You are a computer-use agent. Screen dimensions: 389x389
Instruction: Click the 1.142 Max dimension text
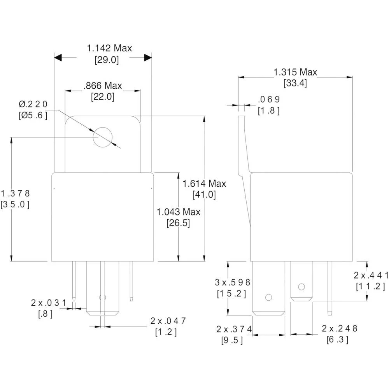coord(109,48)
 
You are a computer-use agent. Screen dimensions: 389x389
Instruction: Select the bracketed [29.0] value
coord(107,60)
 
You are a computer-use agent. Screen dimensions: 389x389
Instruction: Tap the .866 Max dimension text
coord(103,86)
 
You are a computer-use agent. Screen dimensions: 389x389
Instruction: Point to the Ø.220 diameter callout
coord(33,104)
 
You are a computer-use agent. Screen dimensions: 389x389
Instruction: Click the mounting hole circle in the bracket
coord(103,137)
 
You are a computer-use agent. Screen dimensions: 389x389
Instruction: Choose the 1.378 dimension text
coord(15,193)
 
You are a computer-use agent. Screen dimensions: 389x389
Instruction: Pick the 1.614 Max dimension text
coord(204,184)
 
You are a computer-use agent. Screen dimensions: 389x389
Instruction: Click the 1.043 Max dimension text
coord(179,212)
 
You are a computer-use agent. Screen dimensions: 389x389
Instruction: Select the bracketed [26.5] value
coord(178,223)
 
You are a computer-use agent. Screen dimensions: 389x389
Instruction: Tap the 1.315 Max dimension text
coord(295,72)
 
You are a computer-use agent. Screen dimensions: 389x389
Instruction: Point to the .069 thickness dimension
coord(269,100)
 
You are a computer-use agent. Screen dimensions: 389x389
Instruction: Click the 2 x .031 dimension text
coord(49,303)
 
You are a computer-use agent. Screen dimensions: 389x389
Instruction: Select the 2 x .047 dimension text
coord(168,321)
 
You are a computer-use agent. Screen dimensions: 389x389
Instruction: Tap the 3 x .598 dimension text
coord(233,282)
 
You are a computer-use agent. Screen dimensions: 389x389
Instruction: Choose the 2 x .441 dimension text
coord(371,275)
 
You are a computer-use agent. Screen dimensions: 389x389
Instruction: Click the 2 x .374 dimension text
coord(234,329)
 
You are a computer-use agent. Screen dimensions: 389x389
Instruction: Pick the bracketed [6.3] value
coord(337,339)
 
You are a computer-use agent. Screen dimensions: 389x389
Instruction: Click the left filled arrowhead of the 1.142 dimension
coord(58,58)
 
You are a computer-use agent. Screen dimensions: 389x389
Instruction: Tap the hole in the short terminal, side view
coord(301,287)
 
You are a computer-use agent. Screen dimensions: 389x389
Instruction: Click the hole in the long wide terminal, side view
coord(268,297)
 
